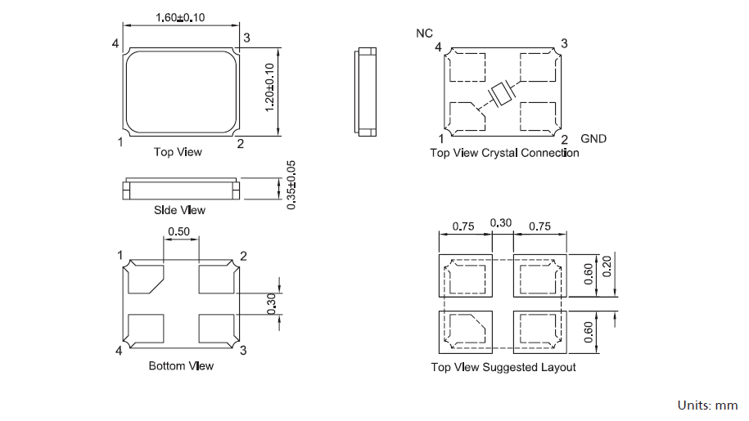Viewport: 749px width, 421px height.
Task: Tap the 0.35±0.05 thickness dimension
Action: click(291, 186)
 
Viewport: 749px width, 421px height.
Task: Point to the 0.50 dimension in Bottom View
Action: click(178, 232)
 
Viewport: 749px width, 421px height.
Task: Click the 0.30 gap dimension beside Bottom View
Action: click(271, 304)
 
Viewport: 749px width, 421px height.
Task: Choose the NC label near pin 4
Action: click(424, 34)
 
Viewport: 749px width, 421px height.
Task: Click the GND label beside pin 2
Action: click(593, 138)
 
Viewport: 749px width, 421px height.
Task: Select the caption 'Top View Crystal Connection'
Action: click(504, 153)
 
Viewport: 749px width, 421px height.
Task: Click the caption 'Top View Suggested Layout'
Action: click(503, 367)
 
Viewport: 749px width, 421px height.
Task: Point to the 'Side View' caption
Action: click(179, 210)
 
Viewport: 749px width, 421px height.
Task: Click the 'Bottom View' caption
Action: click(181, 365)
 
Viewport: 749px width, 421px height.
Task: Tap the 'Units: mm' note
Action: click(707, 405)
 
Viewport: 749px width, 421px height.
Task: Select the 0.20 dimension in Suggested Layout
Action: click(607, 264)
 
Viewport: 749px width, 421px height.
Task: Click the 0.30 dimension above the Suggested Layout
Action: click(500, 223)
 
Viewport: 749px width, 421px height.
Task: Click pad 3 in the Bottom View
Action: click(218, 329)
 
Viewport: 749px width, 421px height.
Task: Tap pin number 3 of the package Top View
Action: click(246, 38)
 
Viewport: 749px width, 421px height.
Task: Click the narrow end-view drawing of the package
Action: click(366, 90)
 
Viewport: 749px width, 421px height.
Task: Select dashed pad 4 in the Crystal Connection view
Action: click(469, 67)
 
